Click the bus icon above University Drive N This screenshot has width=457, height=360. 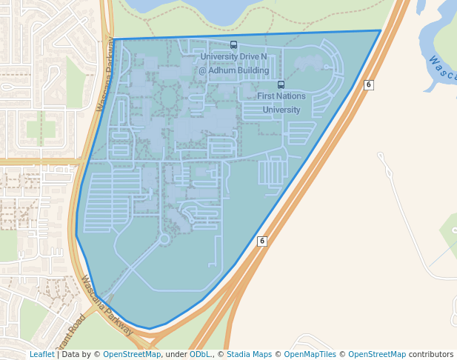[234, 44]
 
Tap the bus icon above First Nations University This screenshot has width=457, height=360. [281, 84]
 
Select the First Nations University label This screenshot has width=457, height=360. [278, 103]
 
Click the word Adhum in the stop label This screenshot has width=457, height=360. [226, 70]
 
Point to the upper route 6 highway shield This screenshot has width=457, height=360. [368, 85]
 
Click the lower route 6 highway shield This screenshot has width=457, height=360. [261, 241]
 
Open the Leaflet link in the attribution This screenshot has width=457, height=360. [41, 354]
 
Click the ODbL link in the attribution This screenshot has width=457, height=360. [200, 354]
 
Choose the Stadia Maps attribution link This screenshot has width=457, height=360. [249, 354]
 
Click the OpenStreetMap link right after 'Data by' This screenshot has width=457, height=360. [132, 354]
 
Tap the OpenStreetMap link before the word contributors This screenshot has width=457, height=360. [377, 354]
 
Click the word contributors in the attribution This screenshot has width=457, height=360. [431, 354]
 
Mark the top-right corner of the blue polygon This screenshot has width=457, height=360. [381, 30]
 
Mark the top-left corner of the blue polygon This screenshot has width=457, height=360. [115, 39]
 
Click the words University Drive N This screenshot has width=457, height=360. [233, 56]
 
